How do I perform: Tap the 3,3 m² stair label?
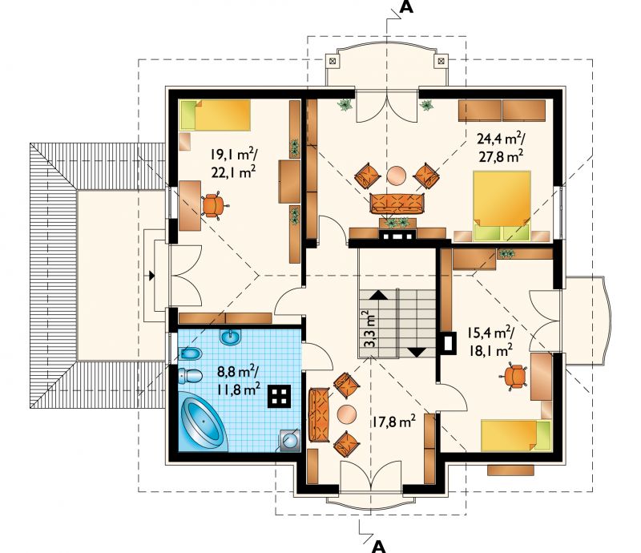(369, 329)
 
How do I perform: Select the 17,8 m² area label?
(393, 422)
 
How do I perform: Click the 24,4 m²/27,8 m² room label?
(501, 148)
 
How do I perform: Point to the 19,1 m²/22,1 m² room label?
(234, 163)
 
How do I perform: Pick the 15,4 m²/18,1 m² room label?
(490, 342)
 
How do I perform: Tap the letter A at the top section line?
(405, 7)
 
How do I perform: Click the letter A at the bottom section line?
(379, 546)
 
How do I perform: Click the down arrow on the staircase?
(417, 351)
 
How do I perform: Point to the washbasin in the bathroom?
(231, 337)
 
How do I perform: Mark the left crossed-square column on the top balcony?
(332, 62)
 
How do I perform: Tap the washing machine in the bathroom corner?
(290, 440)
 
